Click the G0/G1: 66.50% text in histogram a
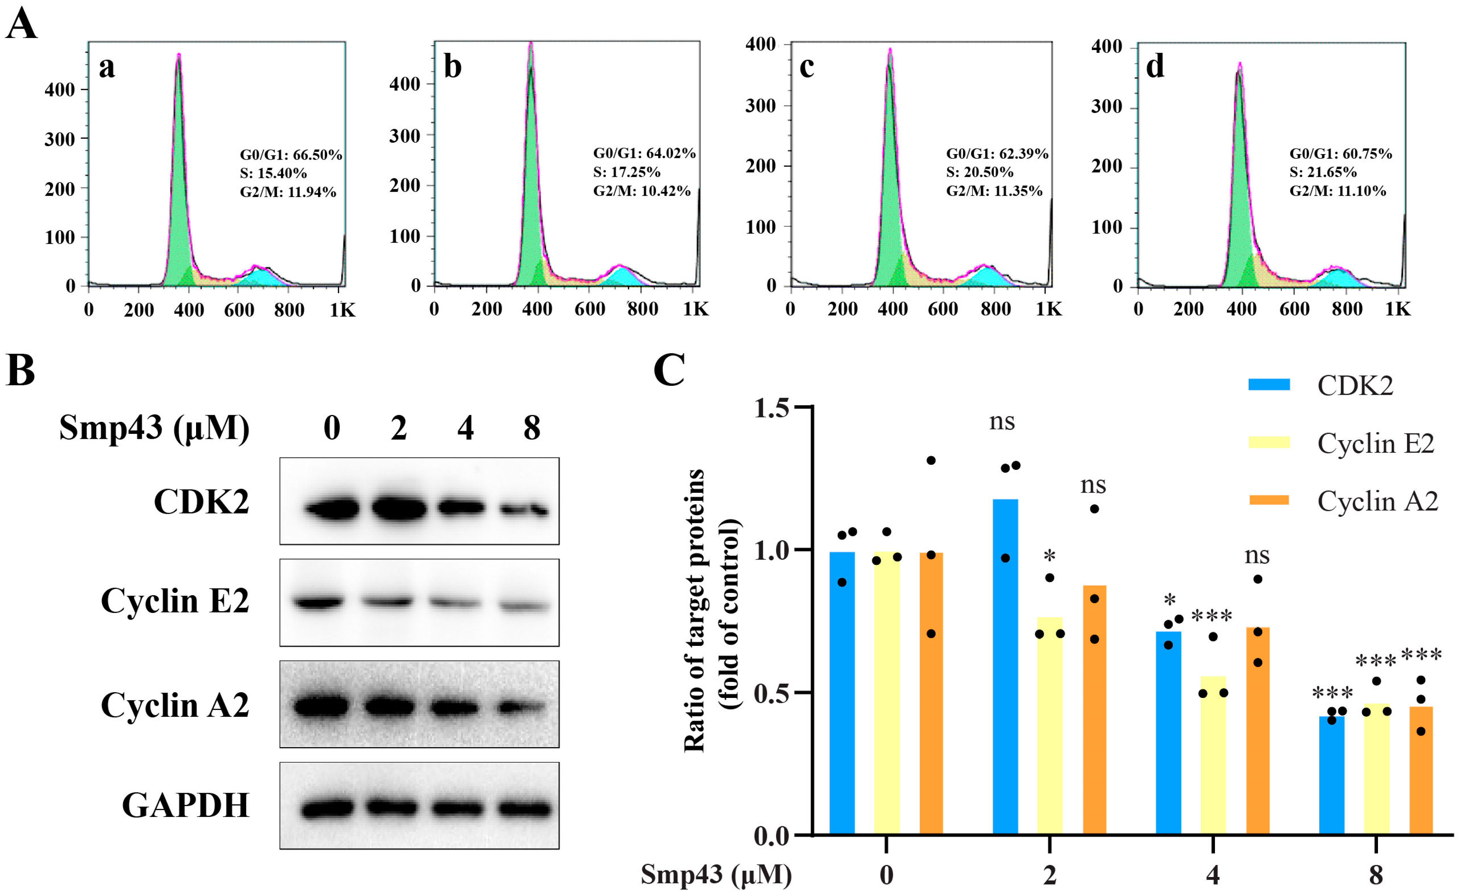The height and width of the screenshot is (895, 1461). (290, 155)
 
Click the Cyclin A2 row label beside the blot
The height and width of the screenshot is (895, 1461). (175, 705)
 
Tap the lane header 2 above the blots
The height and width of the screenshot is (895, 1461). (398, 427)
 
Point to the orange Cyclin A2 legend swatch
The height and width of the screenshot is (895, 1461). (1269, 500)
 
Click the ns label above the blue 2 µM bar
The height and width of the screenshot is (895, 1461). (1002, 422)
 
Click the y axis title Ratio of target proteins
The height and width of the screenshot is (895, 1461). (695, 611)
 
